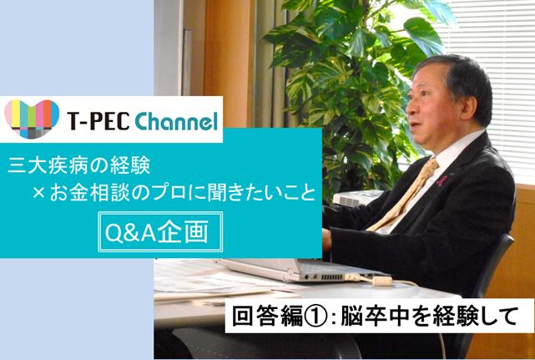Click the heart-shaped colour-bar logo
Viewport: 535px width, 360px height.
click(x=32, y=119)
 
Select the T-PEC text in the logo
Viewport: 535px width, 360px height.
click(x=98, y=122)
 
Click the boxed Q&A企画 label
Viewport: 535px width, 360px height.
click(x=160, y=232)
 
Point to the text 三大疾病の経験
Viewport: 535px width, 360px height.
click(x=78, y=166)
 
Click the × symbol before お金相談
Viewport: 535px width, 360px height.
click(x=39, y=194)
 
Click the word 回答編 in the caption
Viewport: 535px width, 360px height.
click(x=267, y=317)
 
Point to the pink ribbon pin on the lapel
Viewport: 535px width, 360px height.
click(x=442, y=181)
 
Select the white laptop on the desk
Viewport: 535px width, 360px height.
click(x=300, y=270)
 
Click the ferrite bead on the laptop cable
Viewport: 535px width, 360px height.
click(x=381, y=281)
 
